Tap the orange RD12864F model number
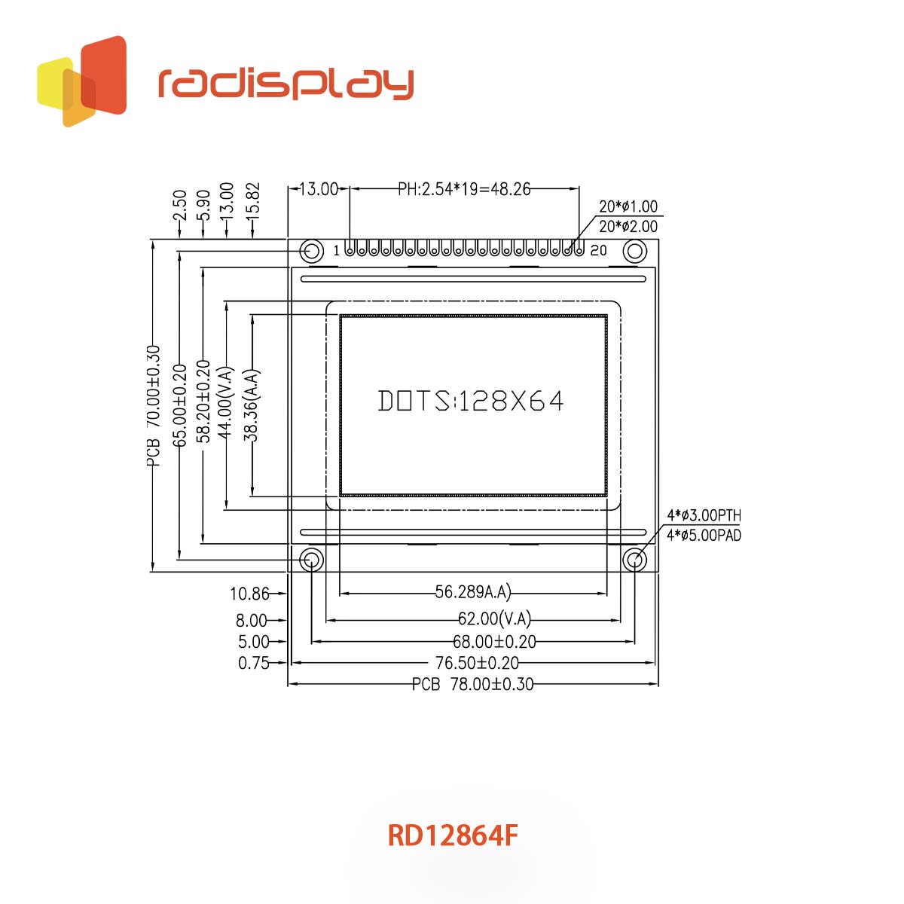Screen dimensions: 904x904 453,835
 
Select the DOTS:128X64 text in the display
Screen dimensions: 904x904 471,401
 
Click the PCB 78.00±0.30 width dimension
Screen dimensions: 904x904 472,684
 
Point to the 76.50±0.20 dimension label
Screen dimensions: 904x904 477,663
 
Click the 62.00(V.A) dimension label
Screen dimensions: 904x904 494,619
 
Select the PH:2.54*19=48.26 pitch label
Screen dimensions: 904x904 464,189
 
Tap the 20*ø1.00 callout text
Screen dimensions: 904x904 628,206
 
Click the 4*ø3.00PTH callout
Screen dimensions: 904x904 704,516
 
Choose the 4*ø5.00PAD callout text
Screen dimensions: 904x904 704,536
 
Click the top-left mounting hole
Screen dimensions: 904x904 310,251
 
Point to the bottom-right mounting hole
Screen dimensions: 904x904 634,560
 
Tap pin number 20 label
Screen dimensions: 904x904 598,250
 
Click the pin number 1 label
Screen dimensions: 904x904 336,251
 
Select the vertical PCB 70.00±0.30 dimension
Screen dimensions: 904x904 154,407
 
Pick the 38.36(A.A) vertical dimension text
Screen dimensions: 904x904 252,405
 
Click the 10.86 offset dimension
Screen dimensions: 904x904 249,594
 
